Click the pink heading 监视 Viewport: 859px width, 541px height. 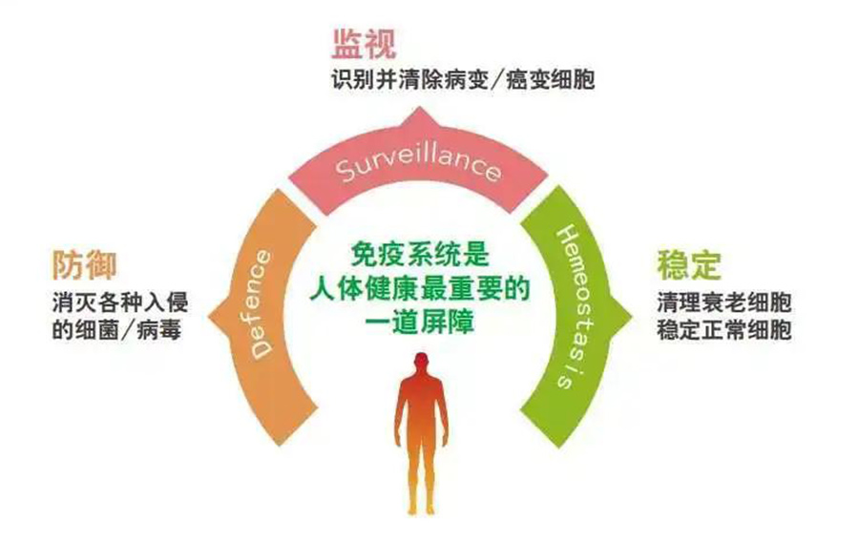364,43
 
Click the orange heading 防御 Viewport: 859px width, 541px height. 85,265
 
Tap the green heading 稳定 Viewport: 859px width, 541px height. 689,264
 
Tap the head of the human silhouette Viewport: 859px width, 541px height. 421,364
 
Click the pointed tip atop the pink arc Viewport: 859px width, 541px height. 419,108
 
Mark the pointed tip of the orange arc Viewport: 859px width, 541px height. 209,317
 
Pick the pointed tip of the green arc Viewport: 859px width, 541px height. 632,317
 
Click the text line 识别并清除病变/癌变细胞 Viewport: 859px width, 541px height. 463,80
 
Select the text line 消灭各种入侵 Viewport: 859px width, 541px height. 120,302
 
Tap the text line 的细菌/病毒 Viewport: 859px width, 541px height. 116,330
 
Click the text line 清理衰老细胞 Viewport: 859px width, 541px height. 724,302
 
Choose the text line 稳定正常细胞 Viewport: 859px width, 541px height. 724,330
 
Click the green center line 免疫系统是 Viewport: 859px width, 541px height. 420,255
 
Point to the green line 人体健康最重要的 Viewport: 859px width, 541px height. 420,288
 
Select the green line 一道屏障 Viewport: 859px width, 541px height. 420,322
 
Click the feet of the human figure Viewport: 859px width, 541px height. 420,510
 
